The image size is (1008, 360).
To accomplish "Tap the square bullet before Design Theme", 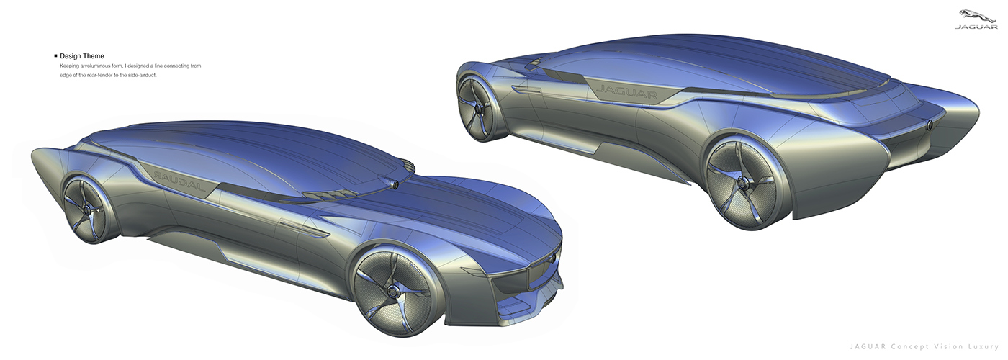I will pos(55,56).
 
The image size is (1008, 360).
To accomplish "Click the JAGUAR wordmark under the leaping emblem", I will pos(976,28).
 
